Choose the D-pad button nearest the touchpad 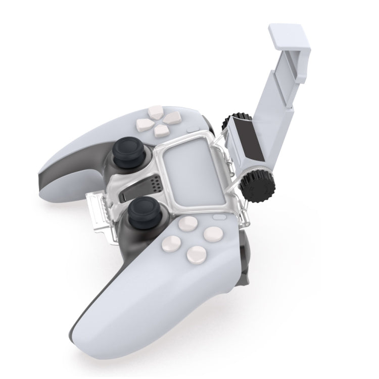pos(161,130)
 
